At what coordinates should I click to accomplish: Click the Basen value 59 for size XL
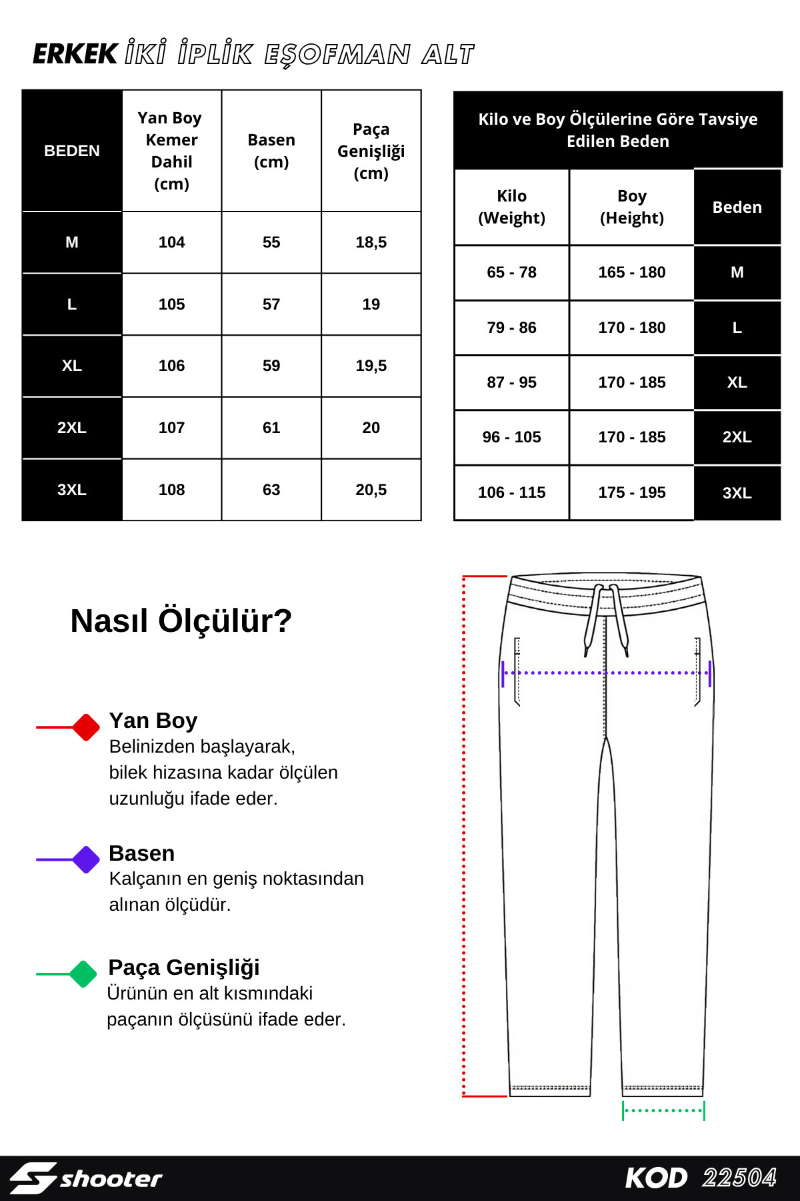tap(271, 366)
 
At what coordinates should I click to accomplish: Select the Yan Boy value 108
tap(171, 490)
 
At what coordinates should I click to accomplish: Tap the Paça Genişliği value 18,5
tap(371, 242)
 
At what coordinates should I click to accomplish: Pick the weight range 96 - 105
tap(511, 437)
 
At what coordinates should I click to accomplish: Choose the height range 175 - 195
tap(631, 492)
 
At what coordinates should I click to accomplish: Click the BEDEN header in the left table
tap(72, 151)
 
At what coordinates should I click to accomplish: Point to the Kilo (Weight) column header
tap(511, 207)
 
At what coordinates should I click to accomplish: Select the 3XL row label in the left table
tap(72, 490)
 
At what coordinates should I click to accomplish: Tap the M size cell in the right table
tap(737, 272)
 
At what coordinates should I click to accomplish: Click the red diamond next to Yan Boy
tap(86, 727)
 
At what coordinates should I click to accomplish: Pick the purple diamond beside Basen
tap(86, 859)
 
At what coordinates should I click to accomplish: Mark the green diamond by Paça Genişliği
tap(83, 973)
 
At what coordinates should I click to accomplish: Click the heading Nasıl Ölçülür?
tap(181, 621)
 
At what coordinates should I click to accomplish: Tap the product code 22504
tap(739, 1178)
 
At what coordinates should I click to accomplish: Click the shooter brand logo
tap(87, 1178)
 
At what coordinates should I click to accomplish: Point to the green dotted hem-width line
tap(663, 1110)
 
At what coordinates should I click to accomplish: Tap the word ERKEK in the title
tap(75, 55)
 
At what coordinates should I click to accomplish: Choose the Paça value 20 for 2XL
tap(371, 428)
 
